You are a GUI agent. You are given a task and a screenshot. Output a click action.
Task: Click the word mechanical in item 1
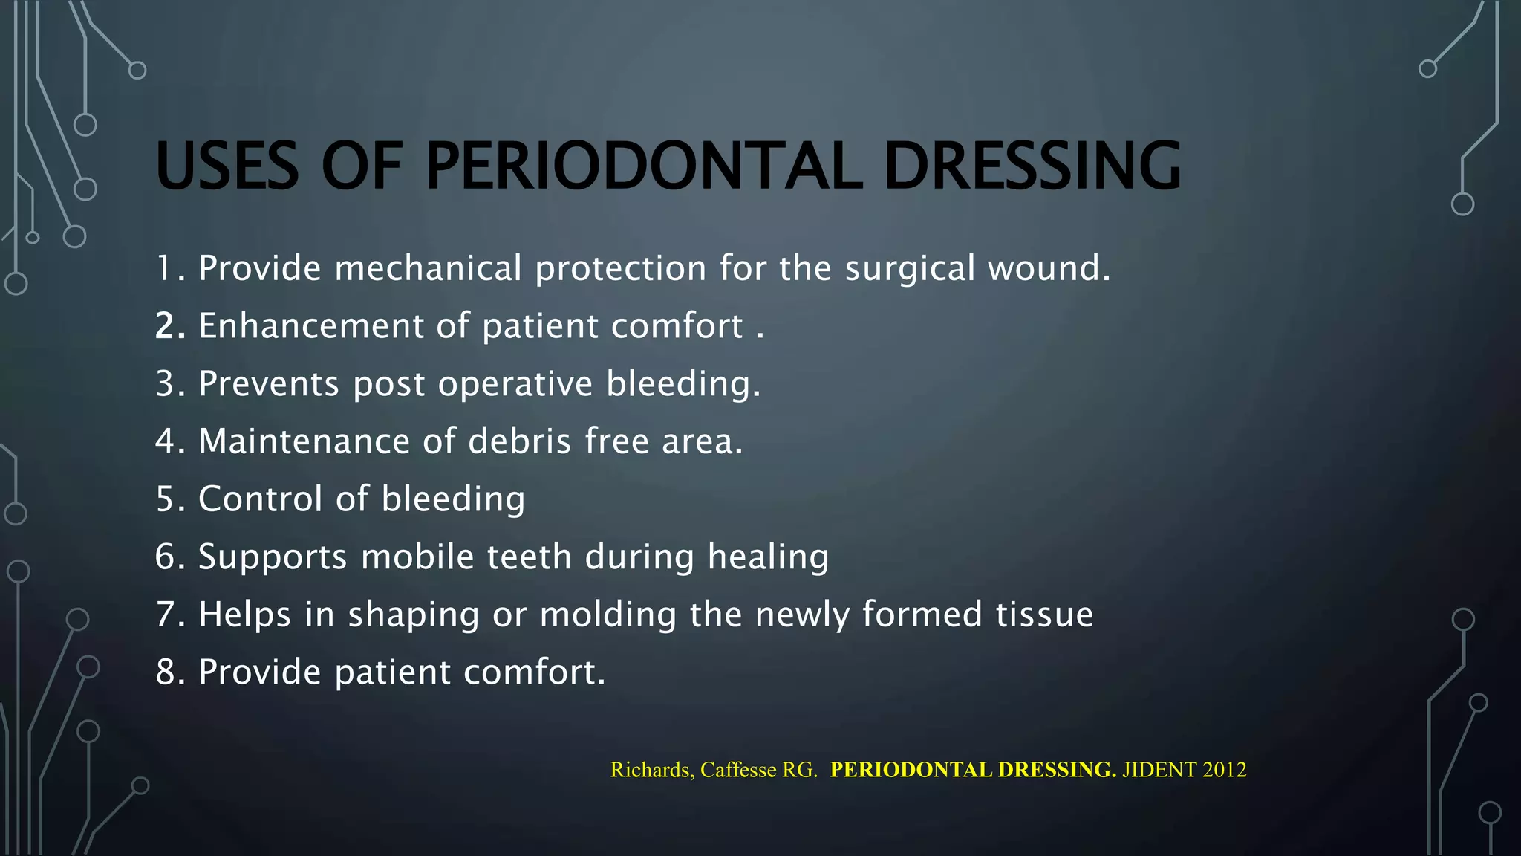point(428,268)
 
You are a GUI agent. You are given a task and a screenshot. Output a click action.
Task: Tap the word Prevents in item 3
point(269,384)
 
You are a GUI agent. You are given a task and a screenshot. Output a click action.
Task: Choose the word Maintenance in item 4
point(304,441)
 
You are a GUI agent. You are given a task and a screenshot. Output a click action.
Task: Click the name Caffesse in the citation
point(737,770)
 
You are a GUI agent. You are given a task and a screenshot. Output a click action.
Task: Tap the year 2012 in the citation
point(1224,770)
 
